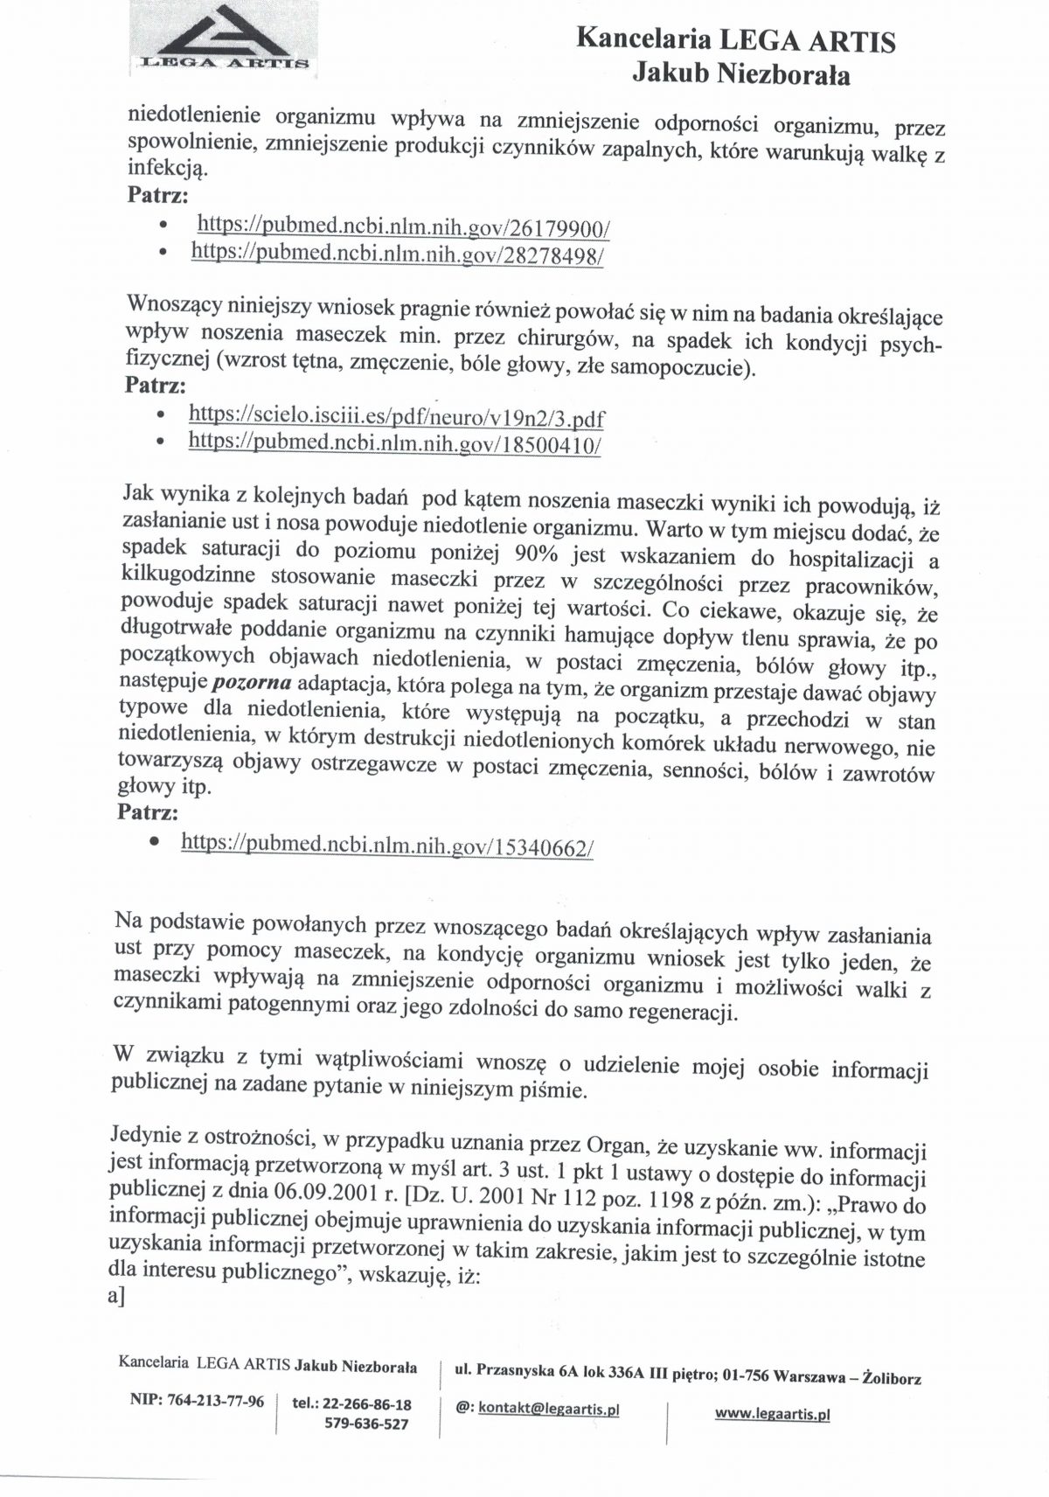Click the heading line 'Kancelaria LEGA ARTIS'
(736, 40)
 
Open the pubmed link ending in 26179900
(403, 226)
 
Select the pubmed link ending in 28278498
(397, 254)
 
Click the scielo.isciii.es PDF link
(396, 417)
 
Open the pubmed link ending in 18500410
(394, 443)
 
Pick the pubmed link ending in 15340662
(387, 845)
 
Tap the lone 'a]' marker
(116, 1298)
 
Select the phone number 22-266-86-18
(367, 1404)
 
